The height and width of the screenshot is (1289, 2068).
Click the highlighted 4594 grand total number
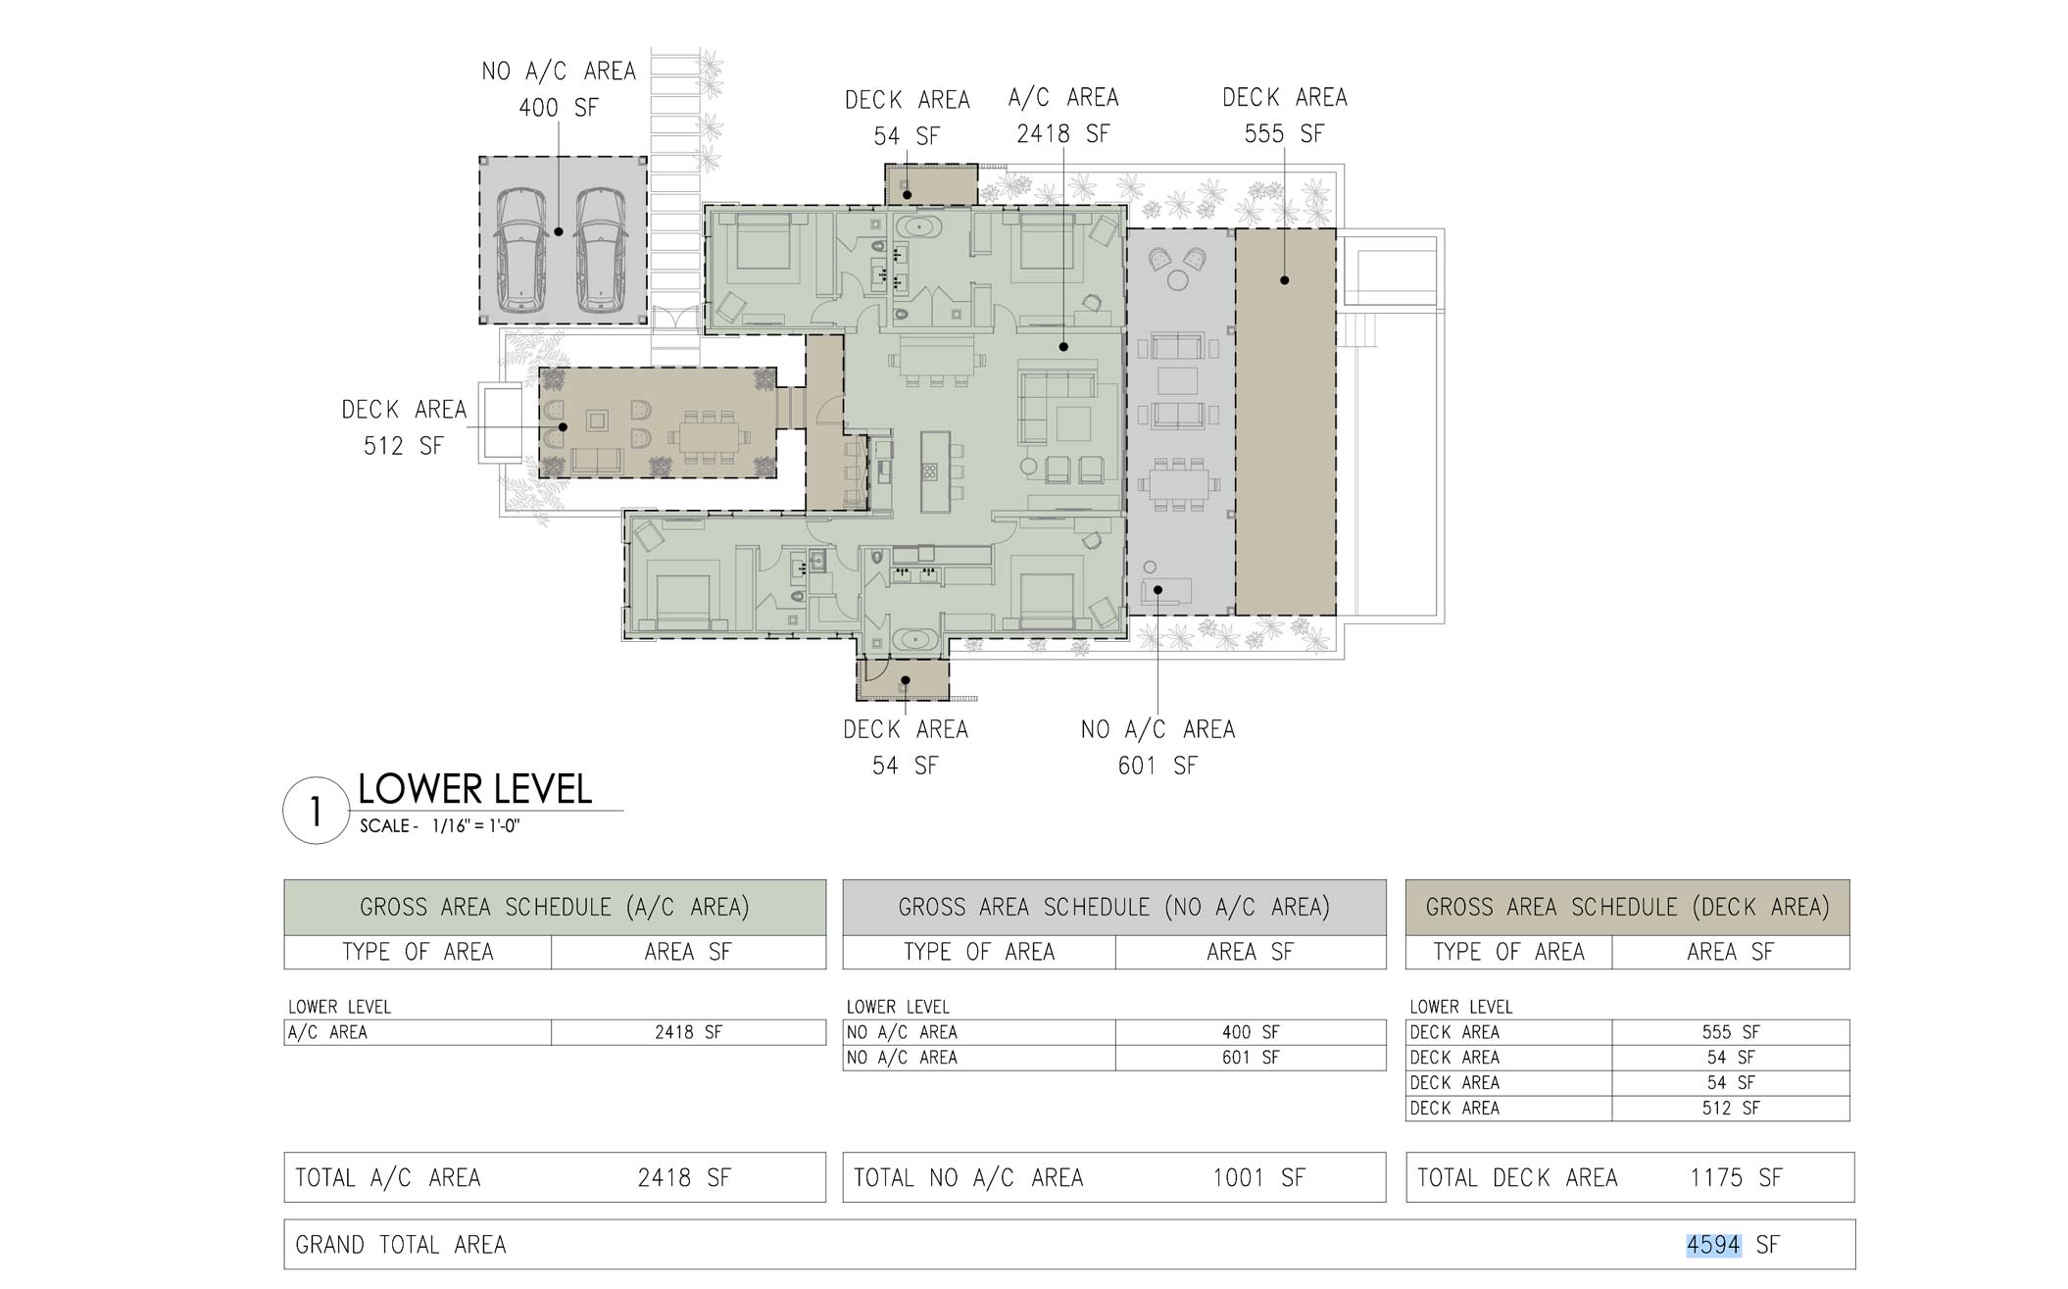(x=1713, y=1245)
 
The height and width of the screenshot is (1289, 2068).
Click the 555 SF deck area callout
(x=1284, y=116)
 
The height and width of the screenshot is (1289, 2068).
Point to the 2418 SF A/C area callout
(x=1063, y=116)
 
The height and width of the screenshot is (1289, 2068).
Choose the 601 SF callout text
(x=1157, y=766)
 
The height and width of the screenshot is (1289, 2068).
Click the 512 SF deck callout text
(x=403, y=446)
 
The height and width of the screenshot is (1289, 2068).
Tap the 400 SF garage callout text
(x=559, y=107)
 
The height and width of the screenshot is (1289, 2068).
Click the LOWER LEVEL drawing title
(x=475, y=789)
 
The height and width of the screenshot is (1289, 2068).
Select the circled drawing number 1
(x=316, y=811)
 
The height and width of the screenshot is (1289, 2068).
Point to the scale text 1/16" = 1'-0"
(x=475, y=826)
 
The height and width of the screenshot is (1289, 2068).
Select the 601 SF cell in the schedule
(x=1251, y=1058)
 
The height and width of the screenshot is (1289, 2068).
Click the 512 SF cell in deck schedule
(x=1731, y=1109)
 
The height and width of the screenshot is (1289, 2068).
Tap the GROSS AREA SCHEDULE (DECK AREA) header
(x=1627, y=907)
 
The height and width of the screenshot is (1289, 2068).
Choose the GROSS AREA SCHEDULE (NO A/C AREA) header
(x=1114, y=907)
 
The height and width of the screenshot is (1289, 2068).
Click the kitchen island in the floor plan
(x=929, y=471)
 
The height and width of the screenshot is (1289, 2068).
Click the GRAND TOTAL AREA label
(x=401, y=1245)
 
